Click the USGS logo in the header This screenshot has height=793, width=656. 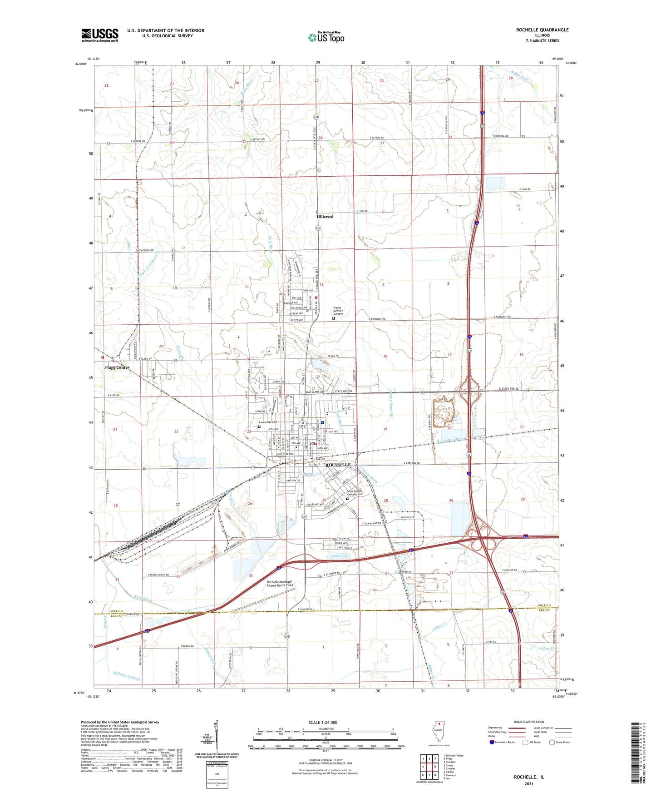(100, 35)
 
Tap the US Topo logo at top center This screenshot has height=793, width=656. (326, 37)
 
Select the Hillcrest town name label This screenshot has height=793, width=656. (325, 217)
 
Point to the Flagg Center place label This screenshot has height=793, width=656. (117, 367)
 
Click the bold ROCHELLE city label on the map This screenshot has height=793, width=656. (338, 465)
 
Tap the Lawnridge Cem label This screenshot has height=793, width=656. (269, 422)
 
